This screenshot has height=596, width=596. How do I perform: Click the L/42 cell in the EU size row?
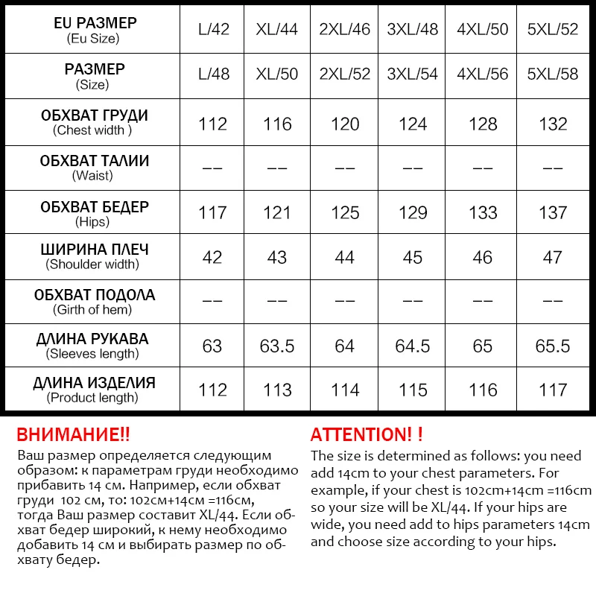(x=214, y=31)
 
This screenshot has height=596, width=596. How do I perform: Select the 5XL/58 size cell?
(x=553, y=75)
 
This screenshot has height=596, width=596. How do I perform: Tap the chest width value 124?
(x=413, y=124)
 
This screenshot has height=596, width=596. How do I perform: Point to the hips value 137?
(x=553, y=212)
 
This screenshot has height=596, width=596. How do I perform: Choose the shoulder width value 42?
(x=212, y=257)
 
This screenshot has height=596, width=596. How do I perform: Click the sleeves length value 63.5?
(x=277, y=346)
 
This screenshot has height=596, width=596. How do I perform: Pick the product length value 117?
(x=553, y=390)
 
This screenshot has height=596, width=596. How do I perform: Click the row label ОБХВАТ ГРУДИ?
(x=94, y=115)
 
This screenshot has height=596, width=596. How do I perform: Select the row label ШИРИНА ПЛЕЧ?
(x=94, y=250)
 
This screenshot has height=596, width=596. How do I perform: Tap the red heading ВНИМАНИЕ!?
(x=73, y=435)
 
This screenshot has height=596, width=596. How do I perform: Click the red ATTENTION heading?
(x=367, y=435)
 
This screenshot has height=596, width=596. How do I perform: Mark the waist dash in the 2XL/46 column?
(x=345, y=168)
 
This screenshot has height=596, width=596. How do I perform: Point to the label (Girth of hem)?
(x=92, y=309)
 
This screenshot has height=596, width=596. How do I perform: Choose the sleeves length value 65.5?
(x=553, y=346)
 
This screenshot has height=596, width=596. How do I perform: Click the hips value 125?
(x=345, y=212)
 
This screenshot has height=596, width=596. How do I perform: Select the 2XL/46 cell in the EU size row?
(x=345, y=31)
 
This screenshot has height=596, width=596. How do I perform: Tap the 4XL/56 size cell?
(x=483, y=75)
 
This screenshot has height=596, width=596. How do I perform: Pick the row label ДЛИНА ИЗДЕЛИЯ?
(x=94, y=383)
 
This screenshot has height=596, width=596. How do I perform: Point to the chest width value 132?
(x=553, y=124)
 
